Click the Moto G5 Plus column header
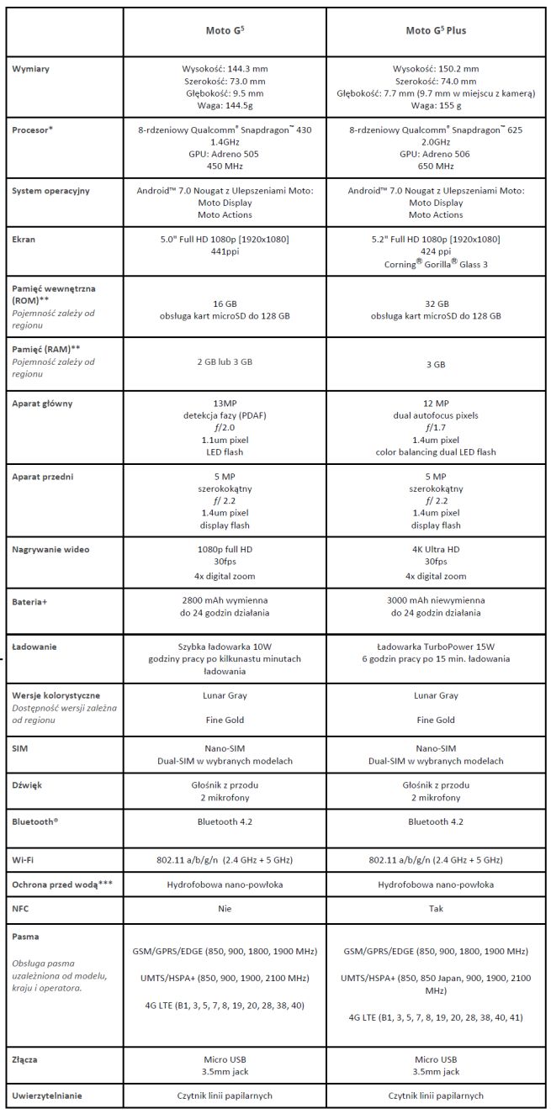(436, 31)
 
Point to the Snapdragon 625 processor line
(436, 130)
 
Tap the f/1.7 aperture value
(436, 427)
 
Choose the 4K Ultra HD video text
(436, 550)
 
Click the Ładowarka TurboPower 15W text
(436, 647)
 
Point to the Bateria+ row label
(32, 603)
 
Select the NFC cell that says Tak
(436, 909)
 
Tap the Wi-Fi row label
(24, 860)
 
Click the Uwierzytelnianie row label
(50, 1096)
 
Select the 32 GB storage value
(436, 304)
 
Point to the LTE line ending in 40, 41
(436, 1016)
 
